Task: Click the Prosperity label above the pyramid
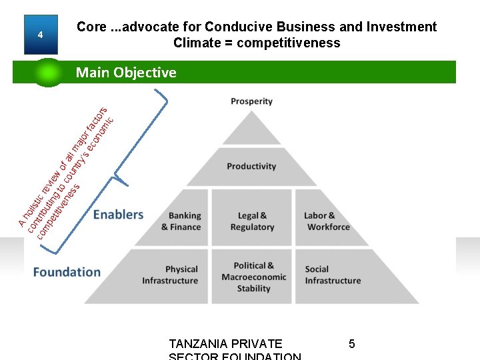pos(251,101)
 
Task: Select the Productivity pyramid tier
pos(251,167)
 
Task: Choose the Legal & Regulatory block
pos(252,221)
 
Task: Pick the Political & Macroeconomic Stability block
pos(253,277)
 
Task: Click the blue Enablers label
pos(118,215)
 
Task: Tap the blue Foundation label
pos(67,272)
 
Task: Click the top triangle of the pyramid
pos(251,130)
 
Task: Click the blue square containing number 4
pos(40,35)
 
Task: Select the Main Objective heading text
pos(126,72)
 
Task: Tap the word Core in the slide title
pos(91,27)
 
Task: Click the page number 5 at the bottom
pos(351,344)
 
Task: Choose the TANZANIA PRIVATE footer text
pos(225,344)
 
